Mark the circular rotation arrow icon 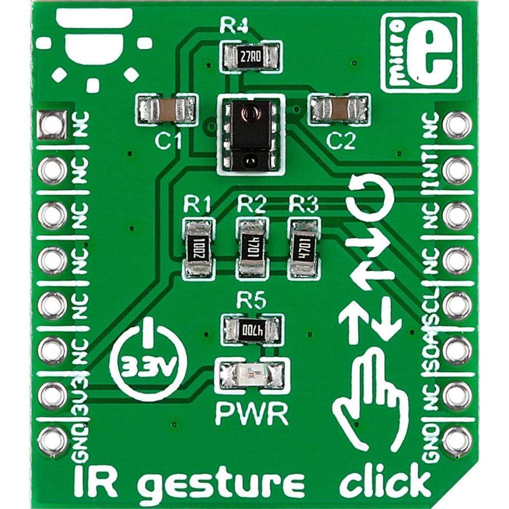click(x=368, y=196)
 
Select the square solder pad click(x=51, y=123)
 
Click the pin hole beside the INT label click(x=457, y=169)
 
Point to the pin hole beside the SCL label click(x=457, y=304)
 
